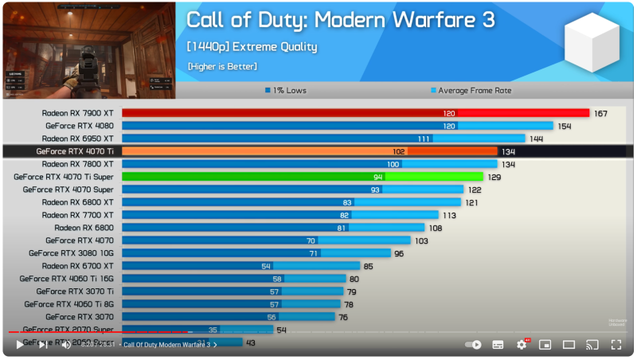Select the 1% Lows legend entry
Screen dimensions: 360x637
[287, 90]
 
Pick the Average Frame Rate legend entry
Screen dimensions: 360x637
[471, 90]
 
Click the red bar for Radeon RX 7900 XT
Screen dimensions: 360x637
[355, 113]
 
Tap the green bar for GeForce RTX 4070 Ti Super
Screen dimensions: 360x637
[303, 177]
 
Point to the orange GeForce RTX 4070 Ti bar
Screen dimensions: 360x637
[311, 151]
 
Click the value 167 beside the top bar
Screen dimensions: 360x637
[600, 113]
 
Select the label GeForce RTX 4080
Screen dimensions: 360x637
[79, 126]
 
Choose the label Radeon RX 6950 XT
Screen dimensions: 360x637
[77, 139]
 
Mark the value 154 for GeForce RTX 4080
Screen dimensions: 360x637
[565, 126]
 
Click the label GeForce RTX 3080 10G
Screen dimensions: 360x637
[71, 253]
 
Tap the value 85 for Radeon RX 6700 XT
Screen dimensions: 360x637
[368, 266]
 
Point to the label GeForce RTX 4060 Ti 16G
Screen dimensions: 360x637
[68, 279]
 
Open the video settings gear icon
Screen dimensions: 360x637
[522, 345]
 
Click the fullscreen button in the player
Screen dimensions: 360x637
[616, 345]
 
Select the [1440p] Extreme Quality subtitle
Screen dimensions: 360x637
[252, 47]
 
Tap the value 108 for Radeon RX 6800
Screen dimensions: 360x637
[436, 228]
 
